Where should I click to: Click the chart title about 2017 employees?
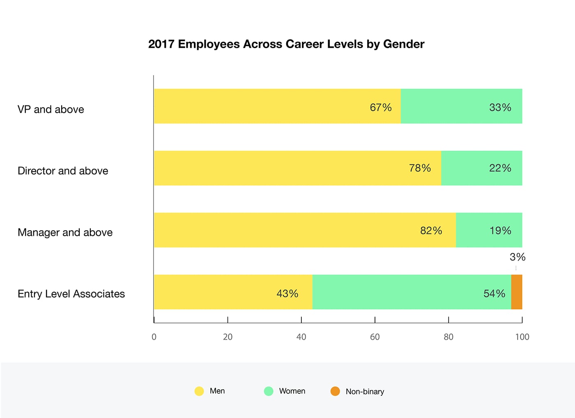point(286,44)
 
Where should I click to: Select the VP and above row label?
point(51,110)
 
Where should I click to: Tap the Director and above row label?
point(63,171)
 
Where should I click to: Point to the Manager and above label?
point(65,233)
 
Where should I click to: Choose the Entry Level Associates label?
point(71,294)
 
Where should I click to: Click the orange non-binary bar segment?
point(517,292)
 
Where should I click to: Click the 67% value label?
point(381,107)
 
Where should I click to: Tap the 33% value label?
point(500,107)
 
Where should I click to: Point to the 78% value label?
point(420,168)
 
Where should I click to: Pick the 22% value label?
point(500,168)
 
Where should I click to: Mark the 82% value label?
point(431,231)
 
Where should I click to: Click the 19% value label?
point(500,231)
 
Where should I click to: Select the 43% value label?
point(287,294)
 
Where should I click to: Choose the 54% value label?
point(494,294)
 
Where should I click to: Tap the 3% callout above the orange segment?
point(517,257)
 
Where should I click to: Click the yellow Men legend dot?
point(199,391)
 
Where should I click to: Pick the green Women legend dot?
point(269,391)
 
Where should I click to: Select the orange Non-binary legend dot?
point(335,391)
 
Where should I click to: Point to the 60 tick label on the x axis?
point(375,337)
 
